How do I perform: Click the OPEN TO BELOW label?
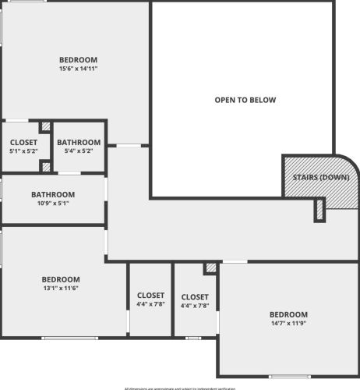[245, 100]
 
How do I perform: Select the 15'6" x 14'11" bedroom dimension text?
[78, 69]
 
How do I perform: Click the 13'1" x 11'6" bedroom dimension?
[61, 289]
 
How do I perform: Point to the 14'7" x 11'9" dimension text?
[289, 323]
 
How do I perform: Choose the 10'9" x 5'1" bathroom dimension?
[53, 204]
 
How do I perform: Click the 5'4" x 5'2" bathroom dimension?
[79, 151]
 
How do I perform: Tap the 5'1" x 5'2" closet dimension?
[23, 151]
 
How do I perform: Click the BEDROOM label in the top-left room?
[78, 60]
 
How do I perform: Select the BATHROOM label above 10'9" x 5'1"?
[53, 194]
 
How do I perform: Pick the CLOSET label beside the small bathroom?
[23, 142]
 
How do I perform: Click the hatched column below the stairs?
[319, 209]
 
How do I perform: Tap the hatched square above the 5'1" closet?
[45, 126]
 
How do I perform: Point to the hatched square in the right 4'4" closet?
[210, 268]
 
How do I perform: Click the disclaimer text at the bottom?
[179, 388]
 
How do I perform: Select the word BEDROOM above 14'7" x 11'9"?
[289, 314]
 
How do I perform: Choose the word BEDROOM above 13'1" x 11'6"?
[61, 279]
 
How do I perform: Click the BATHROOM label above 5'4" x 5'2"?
[79, 142]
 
